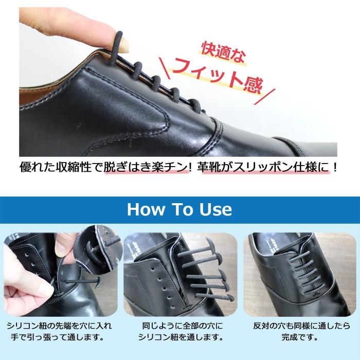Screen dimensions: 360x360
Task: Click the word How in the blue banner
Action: [x=146, y=209]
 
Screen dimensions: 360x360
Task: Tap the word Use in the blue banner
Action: [x=215, y=209]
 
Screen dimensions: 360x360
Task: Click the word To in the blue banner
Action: [x=182, y=209]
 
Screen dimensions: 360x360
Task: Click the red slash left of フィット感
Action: [x=165, y=68]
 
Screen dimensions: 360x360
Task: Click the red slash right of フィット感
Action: [x=264, y=97]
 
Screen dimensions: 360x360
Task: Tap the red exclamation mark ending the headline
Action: [x=334, y=167]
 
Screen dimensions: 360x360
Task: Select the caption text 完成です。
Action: [x=300, y=337]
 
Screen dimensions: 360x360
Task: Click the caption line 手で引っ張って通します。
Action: [x=58, y=337]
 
